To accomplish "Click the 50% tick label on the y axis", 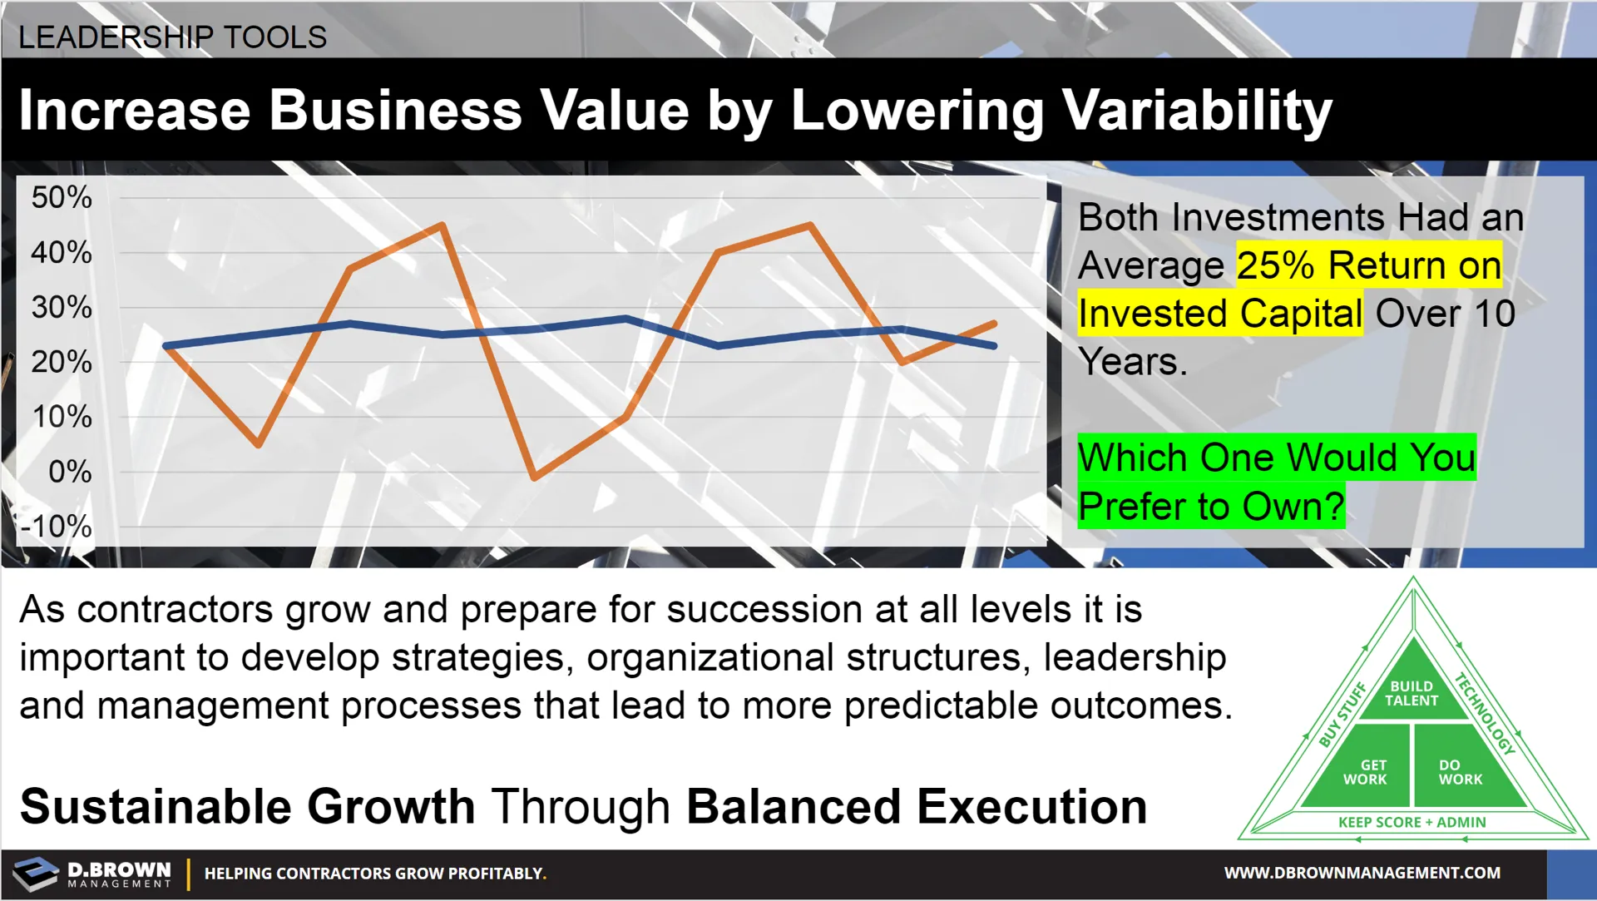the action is pos(62,198).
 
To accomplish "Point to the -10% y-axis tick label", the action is pos(57,527).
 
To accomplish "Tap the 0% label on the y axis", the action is pos(70,472).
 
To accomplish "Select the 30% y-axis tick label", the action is pos(62,308).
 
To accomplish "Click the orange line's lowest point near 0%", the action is pos(534,478).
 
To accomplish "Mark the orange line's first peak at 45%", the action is pos(443,225).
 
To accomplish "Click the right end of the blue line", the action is pos(995,345).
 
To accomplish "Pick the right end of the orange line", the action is pos(995,323).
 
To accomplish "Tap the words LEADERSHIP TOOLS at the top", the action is pos(172,37).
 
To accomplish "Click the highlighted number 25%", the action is pos(1275,265).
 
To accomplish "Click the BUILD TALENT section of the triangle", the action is pos(1412,693).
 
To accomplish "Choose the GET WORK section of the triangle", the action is pos(1365,772).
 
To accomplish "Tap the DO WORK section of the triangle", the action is pos(1460,772).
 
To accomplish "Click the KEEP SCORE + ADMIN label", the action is pos(1412,822).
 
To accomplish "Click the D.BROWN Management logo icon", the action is pos(36,874).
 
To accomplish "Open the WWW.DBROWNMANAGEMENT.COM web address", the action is pos(1362,873).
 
